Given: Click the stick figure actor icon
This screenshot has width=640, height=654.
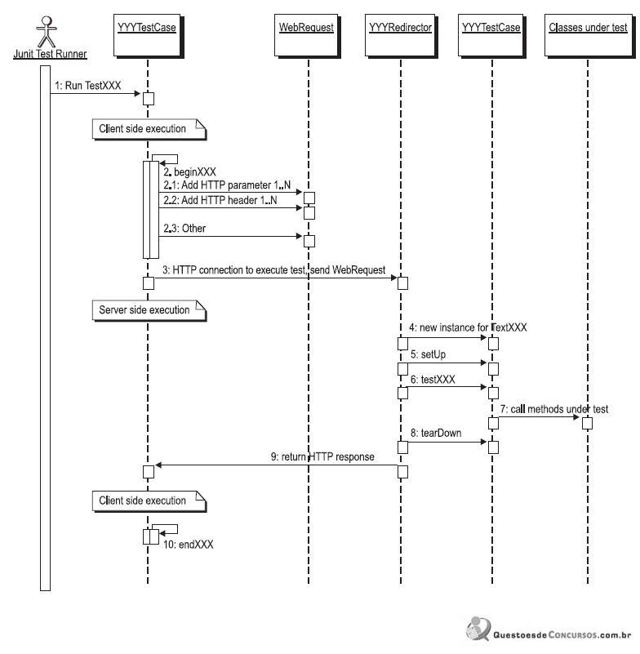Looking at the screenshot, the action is (47, 32).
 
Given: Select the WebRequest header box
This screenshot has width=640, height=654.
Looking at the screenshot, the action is (306, 35).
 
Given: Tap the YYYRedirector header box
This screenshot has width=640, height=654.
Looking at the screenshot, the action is (400, 35).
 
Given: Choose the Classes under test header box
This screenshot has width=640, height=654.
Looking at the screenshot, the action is (589, 35).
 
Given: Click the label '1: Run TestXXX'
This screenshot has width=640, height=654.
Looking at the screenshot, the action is (88, 86).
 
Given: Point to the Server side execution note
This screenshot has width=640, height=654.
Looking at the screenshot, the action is (149, 310).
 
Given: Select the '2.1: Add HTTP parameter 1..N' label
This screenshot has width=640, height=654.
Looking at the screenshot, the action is (227, 185).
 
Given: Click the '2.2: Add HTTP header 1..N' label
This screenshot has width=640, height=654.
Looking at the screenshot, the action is (220, 200).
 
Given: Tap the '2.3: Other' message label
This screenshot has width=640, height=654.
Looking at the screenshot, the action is (184, 228).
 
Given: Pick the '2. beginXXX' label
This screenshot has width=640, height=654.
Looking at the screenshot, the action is (189, 171).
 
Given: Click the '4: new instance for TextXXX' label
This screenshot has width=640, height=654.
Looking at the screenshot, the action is (468, 327).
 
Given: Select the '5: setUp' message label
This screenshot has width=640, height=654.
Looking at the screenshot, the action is (429, 354).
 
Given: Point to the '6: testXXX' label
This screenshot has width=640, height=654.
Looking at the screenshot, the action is (433, 380).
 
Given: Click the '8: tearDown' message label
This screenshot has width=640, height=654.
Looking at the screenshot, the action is (436, 433).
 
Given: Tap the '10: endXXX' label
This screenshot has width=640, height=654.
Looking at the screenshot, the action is (188, 545).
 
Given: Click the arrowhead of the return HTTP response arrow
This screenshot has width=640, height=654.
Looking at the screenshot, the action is (158, 465).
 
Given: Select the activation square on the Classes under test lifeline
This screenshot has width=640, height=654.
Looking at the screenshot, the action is (587, 424).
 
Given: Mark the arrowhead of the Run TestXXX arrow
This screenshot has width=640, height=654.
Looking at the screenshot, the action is (137, 93).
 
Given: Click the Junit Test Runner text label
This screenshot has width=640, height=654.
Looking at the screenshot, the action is (50, 54).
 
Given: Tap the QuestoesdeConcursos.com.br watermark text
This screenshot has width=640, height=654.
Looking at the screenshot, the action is (562, 635).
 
